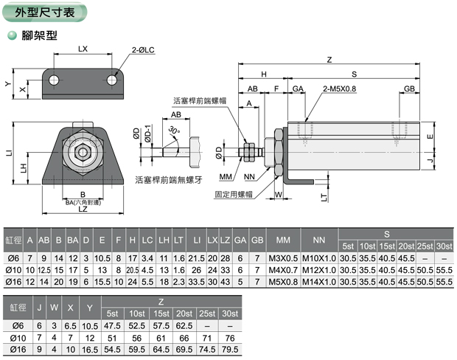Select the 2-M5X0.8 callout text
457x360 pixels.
339,89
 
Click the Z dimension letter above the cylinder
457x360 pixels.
329,60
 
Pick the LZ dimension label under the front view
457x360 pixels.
83,210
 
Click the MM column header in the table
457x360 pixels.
283,240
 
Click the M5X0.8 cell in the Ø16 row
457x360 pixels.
283,282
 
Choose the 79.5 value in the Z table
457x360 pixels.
230,348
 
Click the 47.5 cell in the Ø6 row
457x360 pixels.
113,325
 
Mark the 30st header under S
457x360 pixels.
444,246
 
